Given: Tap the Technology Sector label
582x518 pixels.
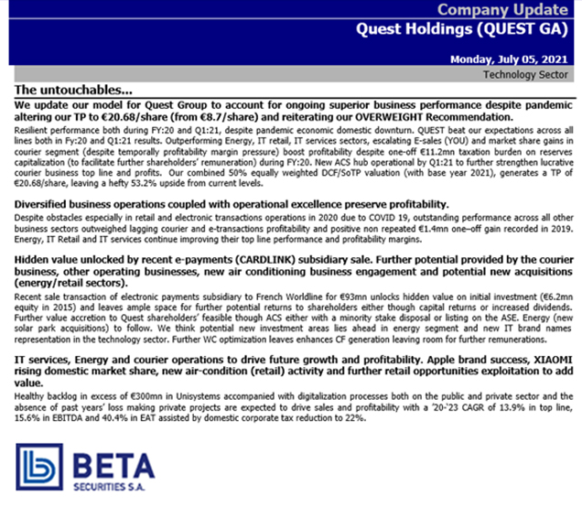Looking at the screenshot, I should (x=525, y=73).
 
